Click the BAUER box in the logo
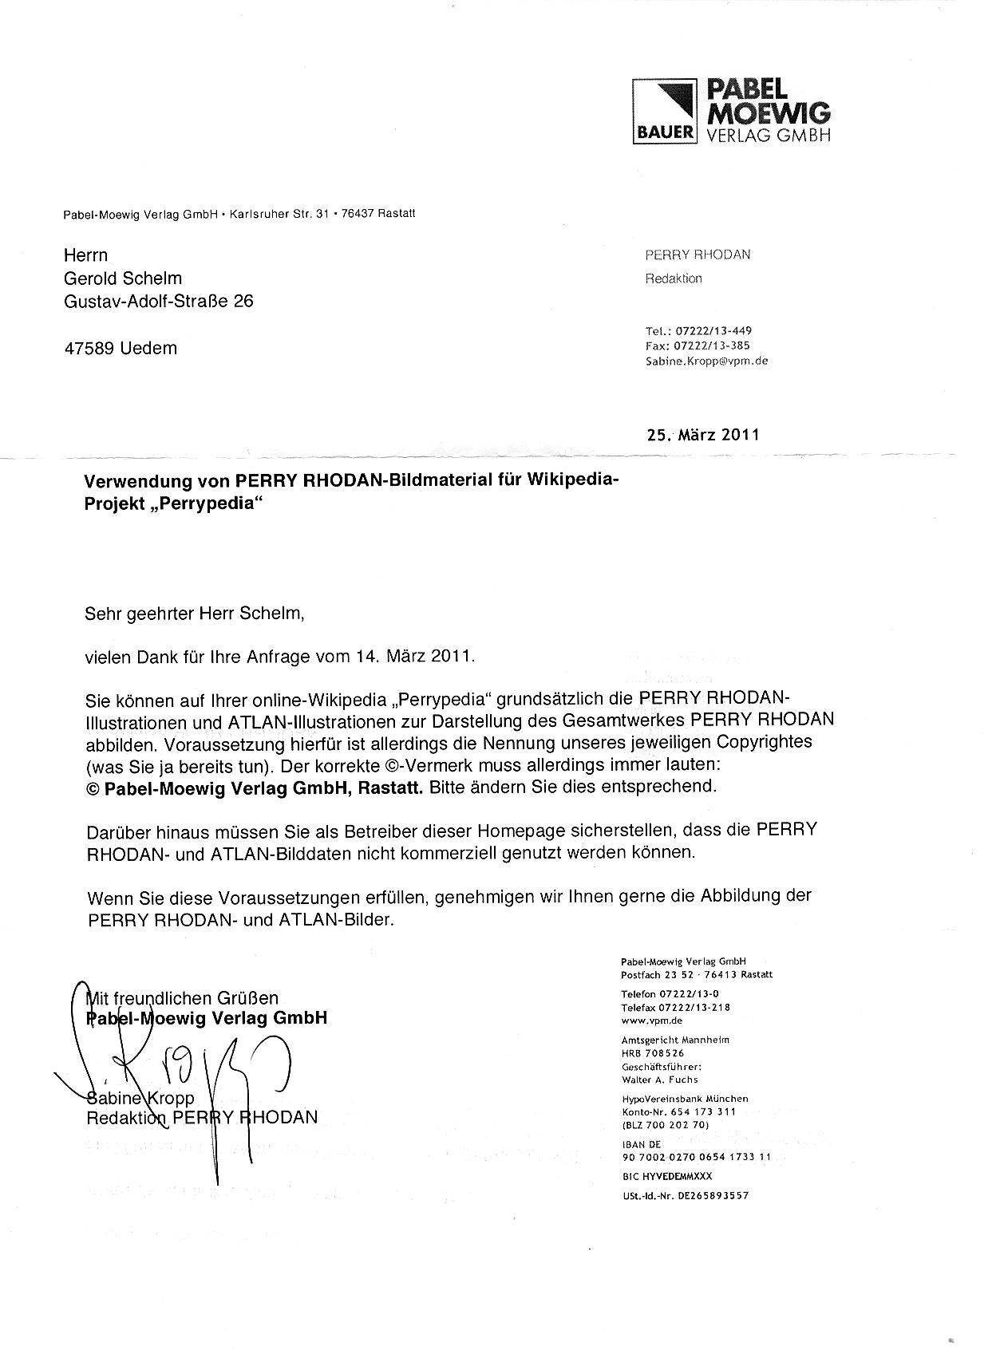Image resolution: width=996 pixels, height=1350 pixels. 664,133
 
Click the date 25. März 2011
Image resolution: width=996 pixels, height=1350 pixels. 703,435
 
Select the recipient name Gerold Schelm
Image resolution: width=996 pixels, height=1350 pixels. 123,278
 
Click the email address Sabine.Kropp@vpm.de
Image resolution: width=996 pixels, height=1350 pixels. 706,361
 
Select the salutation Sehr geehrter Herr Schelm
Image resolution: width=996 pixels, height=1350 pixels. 195,614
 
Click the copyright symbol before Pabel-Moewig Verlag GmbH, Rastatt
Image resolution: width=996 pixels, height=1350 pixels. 92,787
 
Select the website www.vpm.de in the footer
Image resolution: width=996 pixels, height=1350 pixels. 651,1020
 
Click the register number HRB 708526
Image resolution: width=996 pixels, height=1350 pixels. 653,1053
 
